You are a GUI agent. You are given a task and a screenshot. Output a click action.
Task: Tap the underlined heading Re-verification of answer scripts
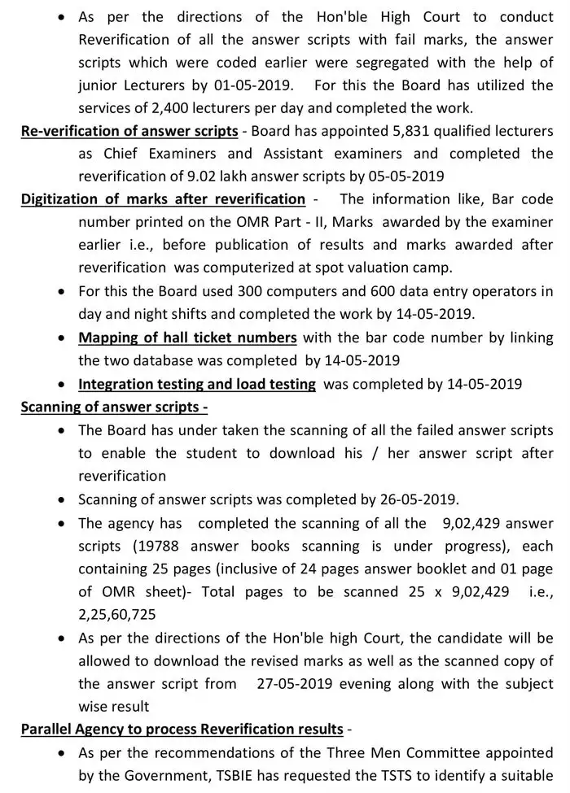tap(129, 131)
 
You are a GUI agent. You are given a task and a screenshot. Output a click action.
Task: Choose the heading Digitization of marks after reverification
tap(163, 199)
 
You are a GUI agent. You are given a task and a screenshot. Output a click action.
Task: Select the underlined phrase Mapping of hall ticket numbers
tap(187, 337)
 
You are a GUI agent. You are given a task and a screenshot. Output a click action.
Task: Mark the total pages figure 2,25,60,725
tap(121, 616)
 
